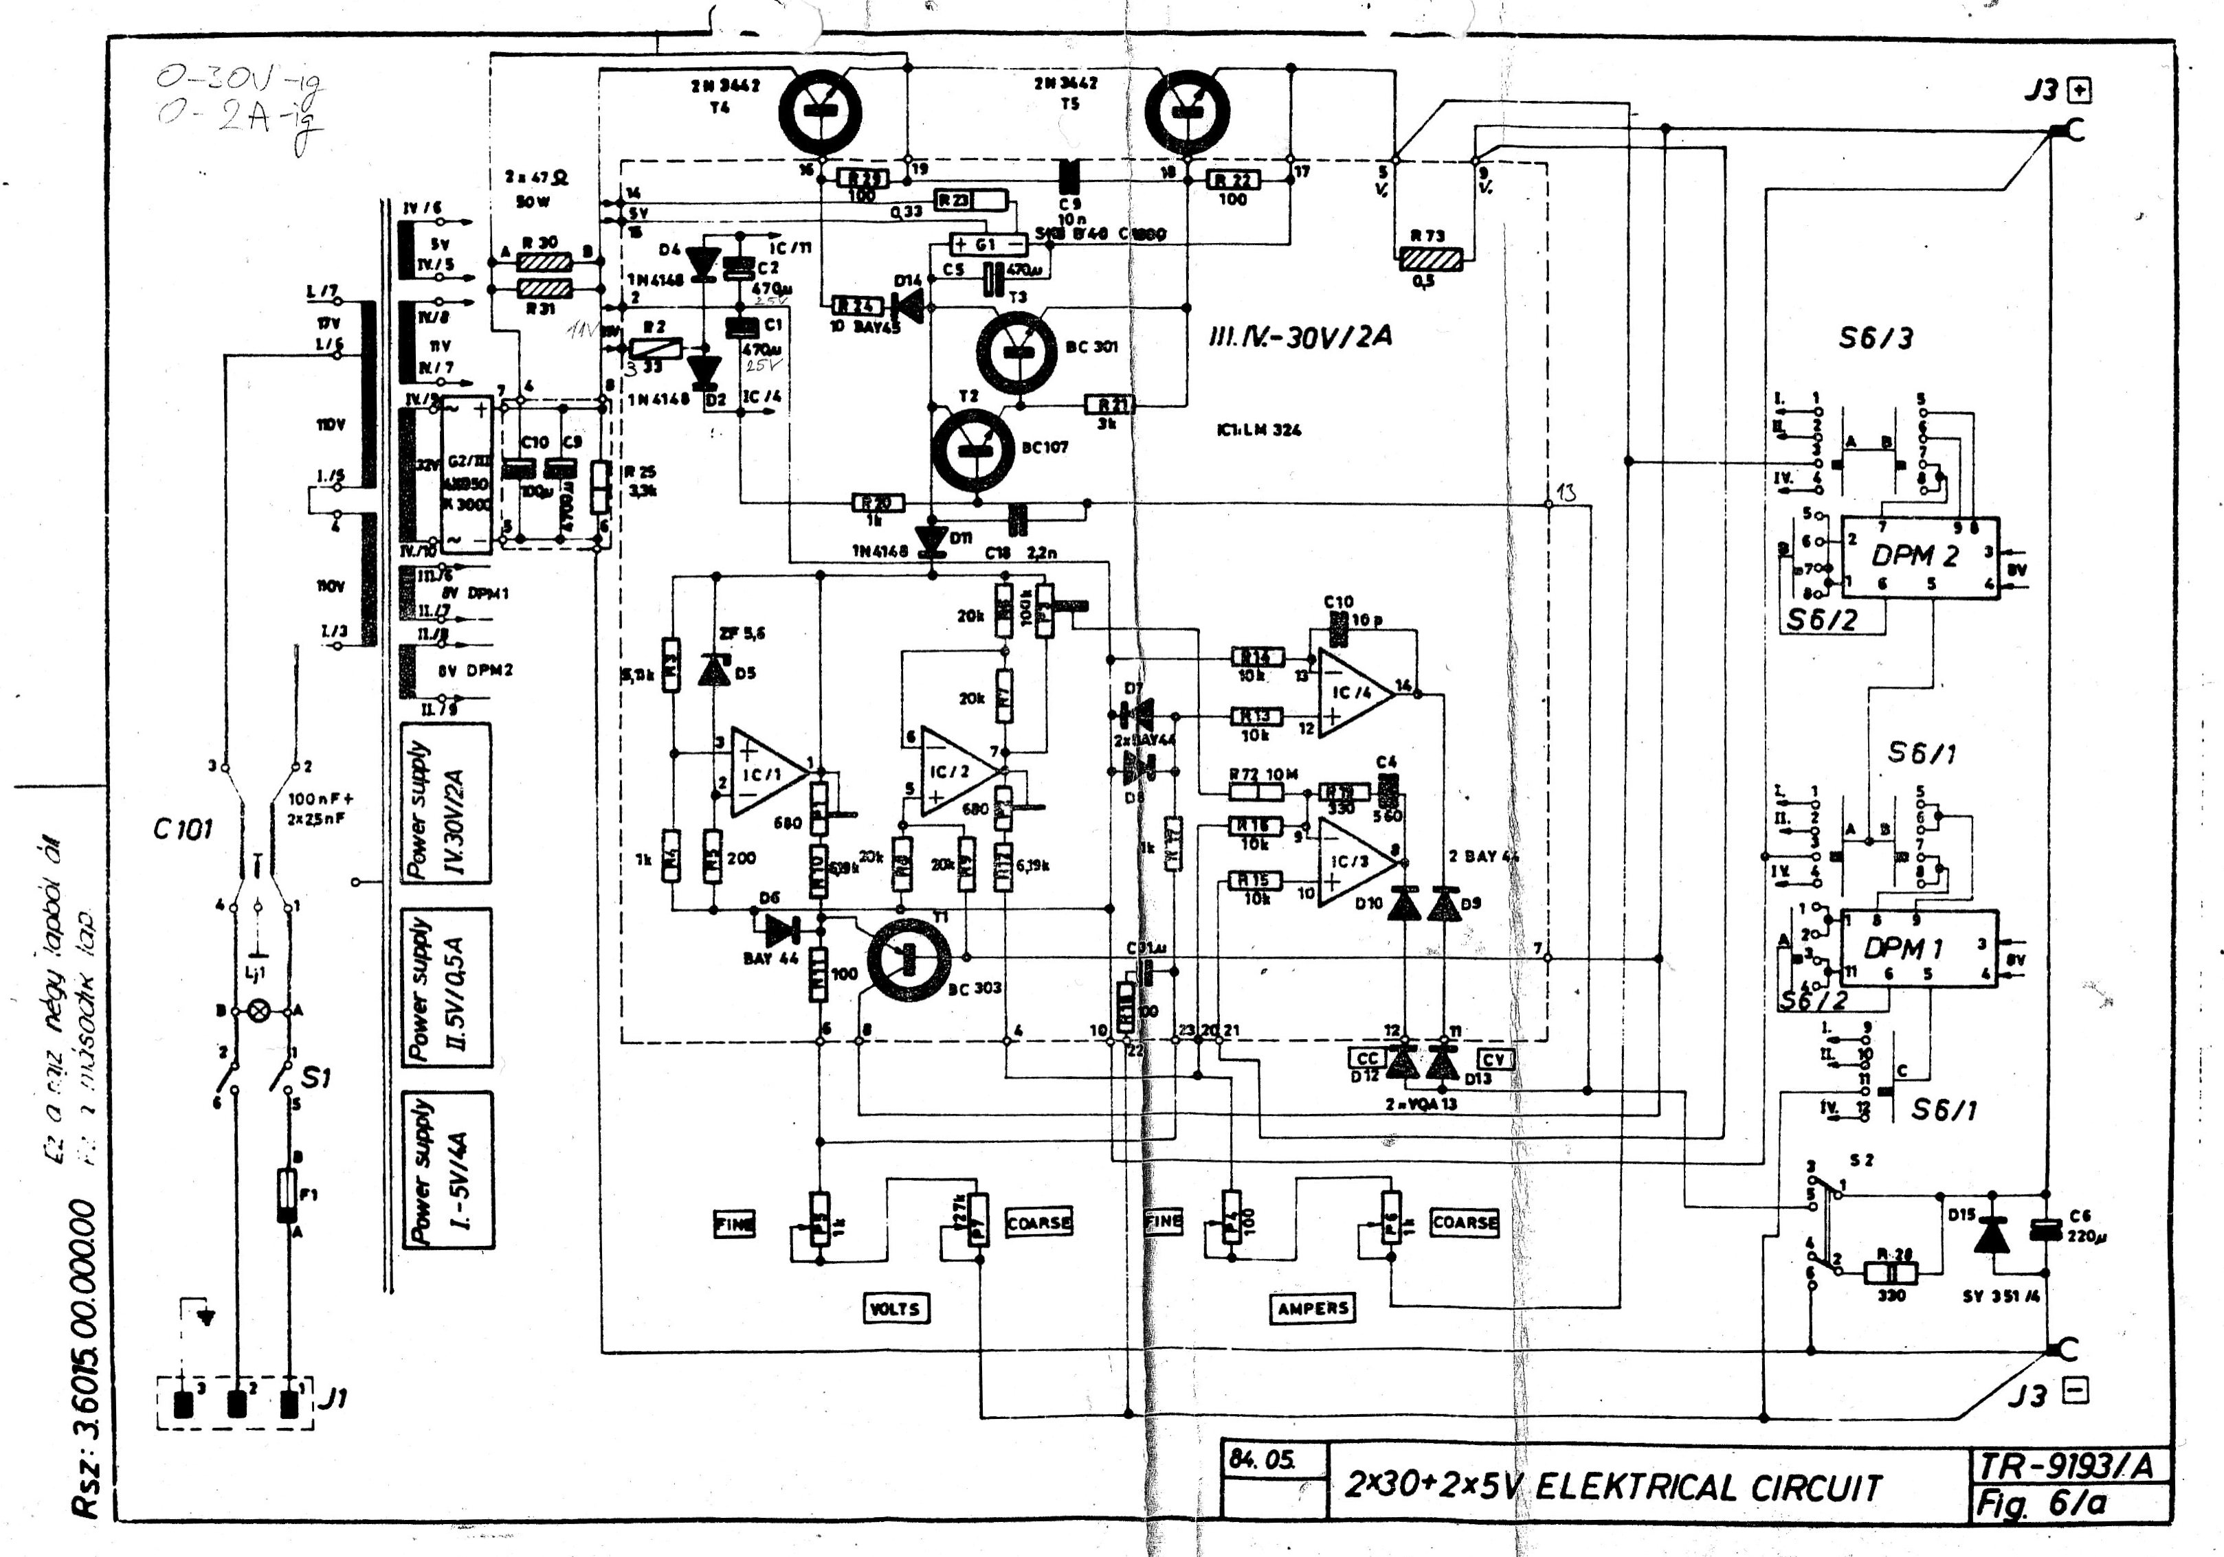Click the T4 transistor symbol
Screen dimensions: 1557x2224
pyautogui.click(x=819, y=111)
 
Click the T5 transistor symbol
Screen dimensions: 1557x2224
pyautogui.click(x=1188, y=111)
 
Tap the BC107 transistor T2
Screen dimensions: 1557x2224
pyautogui.click(x=972, y=449)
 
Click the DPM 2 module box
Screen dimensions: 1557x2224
pyautogui.click(x=1919, y=557)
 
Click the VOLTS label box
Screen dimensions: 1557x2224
pyautogui.click(x=895, y=1308)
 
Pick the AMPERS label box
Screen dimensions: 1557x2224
pyautogui.click(x=1313, y=1308)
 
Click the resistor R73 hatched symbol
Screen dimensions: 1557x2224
pyautogui.click(x=1431, y=258)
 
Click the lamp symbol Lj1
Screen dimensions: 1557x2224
pyautogui.click(x=258, y=1011)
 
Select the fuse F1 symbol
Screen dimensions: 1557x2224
pyautogui.click(x=287, y=1195)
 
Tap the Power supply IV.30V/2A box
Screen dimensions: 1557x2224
pyautogui.click(x=445, y=803)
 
